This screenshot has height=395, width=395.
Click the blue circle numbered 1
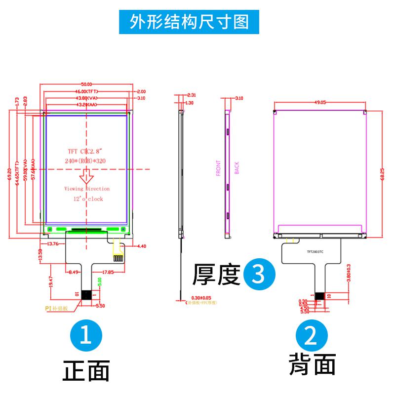(86, 337)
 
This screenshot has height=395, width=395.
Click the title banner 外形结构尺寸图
(189, 22)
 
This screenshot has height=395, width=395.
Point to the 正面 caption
(86, 371)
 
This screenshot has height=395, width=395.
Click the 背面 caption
(312, 365)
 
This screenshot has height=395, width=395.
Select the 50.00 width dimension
(87, 84)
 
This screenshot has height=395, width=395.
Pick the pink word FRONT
(218, 168)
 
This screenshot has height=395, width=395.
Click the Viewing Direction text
(87, 189)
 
